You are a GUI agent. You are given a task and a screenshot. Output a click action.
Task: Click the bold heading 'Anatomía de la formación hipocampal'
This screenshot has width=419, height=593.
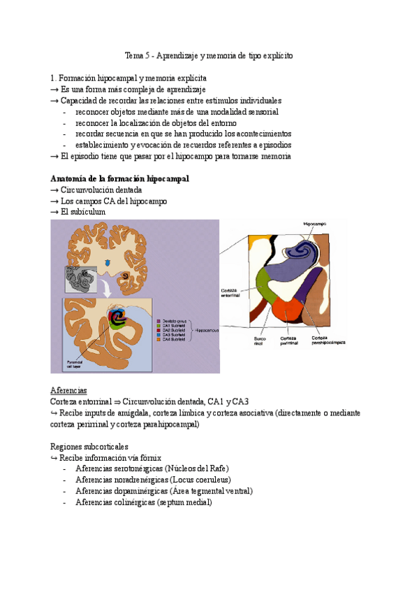120,179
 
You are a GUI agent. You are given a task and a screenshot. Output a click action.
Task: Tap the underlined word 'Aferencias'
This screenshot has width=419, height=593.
68,390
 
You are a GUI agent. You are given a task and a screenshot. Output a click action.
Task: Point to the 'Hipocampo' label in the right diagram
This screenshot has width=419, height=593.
316,223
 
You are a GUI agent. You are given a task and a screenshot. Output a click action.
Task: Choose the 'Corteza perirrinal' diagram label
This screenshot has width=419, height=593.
289,341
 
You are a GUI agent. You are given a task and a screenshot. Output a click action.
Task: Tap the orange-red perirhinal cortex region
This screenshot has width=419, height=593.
286,310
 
